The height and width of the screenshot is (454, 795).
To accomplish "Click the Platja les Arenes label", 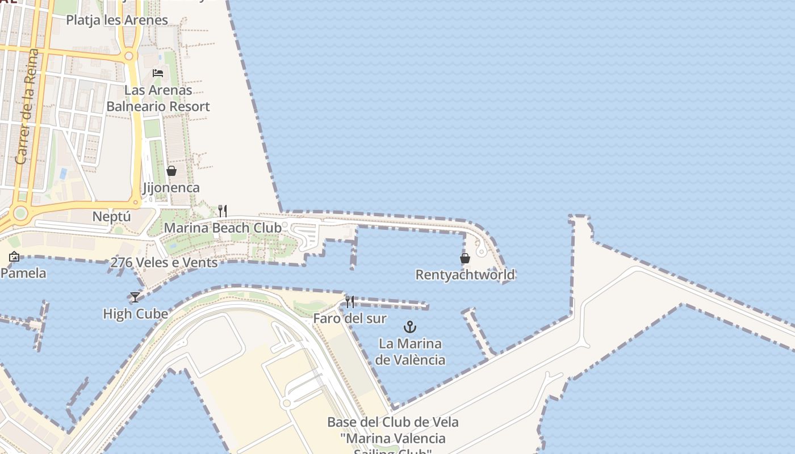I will click(117, 20).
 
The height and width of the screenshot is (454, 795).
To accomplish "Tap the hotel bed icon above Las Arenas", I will click(158, 73).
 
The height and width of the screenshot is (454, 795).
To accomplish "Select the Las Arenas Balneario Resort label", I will click(158, 98).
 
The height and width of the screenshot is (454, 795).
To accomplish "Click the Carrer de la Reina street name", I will click(27, 107).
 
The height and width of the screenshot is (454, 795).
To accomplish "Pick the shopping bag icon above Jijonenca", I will click(171, 171).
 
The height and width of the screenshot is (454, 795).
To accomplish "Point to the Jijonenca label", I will click(171, 188).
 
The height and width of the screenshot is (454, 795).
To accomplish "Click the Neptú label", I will click(112, 217).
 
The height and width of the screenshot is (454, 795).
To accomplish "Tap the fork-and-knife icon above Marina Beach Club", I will click(223, 211).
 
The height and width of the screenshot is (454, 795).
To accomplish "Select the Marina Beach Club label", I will click(223, 228).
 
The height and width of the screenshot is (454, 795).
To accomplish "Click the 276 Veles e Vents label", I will click(164, 263).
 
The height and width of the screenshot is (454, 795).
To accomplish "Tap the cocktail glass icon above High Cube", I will click(135, 297).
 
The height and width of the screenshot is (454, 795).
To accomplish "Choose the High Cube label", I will click(135, 314).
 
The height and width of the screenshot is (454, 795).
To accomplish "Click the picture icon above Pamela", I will click(14, 257).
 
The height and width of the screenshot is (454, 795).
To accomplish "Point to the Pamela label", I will click(23, 273).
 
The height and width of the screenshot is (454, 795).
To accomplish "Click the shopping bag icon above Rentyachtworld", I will click(465, 258).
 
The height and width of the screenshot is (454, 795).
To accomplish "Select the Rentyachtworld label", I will click(465, 275).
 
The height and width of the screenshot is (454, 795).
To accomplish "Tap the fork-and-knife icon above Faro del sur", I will click(350, 301).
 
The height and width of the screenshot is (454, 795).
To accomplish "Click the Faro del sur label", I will click(350, 318).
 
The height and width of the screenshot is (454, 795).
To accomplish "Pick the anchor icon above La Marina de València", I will click(410, 327).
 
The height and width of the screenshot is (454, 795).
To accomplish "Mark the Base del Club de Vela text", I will click(393, 422).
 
